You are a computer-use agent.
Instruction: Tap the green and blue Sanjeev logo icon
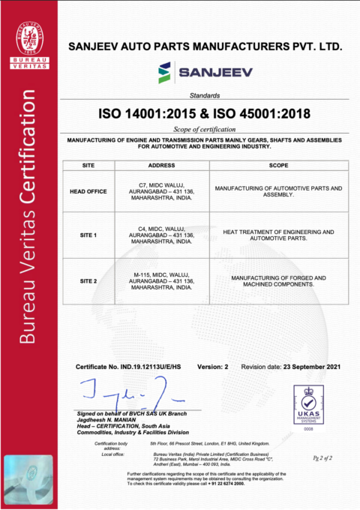164,73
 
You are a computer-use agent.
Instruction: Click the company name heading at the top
205,46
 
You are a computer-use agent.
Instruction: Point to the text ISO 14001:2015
143,115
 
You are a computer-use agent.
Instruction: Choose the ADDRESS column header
162,165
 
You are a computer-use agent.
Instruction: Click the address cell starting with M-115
162,280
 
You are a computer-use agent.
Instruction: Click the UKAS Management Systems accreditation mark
307,406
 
